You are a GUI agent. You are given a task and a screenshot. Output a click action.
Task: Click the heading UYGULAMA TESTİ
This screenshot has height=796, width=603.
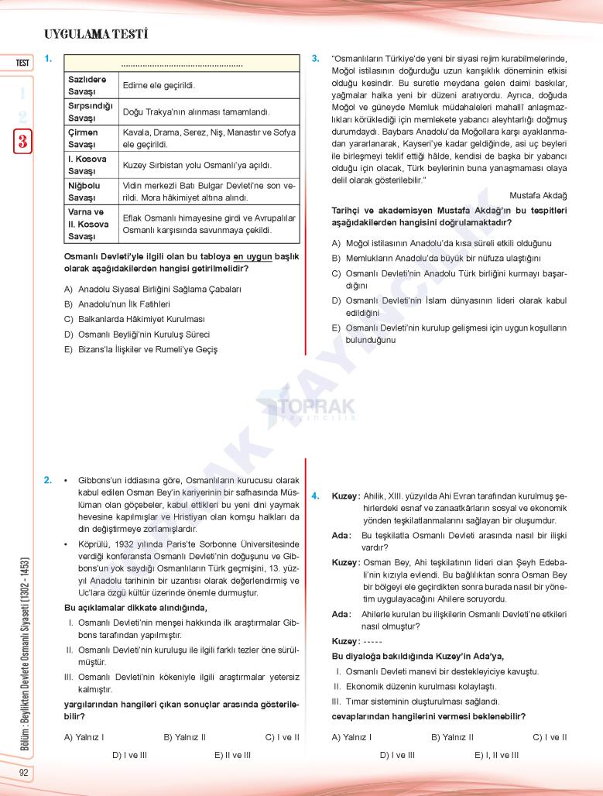96,34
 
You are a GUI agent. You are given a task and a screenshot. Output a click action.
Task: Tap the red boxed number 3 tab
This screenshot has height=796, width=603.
22,141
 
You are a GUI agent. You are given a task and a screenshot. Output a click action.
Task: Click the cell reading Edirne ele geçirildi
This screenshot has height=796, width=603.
159,85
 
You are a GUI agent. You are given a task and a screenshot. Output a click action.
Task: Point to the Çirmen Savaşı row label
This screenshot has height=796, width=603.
84,139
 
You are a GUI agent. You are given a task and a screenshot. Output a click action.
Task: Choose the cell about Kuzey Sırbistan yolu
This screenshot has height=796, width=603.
197,165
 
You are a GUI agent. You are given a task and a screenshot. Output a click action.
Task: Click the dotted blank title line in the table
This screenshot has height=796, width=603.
182,65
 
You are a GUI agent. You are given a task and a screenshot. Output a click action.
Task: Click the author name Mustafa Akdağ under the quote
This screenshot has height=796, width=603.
539,195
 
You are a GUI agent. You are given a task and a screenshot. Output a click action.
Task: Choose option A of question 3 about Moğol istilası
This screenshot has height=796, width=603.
441,243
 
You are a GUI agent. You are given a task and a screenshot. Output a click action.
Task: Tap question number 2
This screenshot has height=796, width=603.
48,480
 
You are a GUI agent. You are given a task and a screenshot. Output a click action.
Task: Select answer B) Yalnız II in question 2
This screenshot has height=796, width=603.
184,737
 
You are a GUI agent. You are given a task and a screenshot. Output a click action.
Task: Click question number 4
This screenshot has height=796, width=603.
315,496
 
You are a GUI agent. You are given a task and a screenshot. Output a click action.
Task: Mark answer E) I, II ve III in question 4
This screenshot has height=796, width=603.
496,755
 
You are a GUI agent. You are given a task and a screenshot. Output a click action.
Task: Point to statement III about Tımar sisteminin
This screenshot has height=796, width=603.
415,701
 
